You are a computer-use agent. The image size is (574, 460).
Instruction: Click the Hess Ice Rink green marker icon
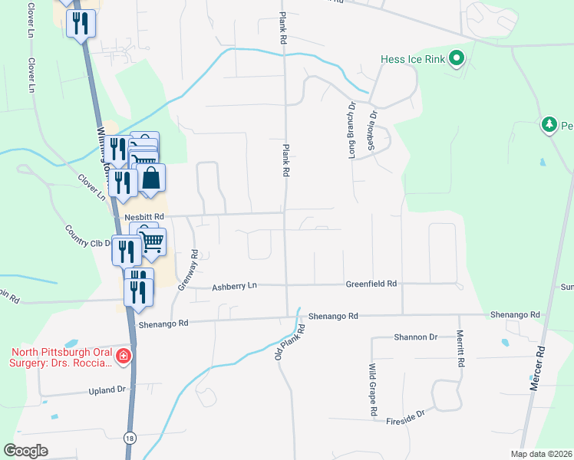[x=457, y=58]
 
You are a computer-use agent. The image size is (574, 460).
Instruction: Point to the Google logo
[x=25, y=451]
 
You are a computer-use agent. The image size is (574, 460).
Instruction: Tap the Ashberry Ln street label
[x=234, y=285]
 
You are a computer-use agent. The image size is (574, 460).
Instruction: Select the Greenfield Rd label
[x=371, y=284]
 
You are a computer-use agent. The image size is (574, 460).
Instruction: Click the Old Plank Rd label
[x=290, y=344]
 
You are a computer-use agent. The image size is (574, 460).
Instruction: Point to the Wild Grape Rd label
[x=373, y=389]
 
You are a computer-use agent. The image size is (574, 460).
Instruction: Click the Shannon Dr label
[x=415, y=337]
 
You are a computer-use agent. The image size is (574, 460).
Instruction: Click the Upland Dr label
[x=107, y=389]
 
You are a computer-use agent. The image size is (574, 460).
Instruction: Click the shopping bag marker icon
[x=153, y=179]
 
